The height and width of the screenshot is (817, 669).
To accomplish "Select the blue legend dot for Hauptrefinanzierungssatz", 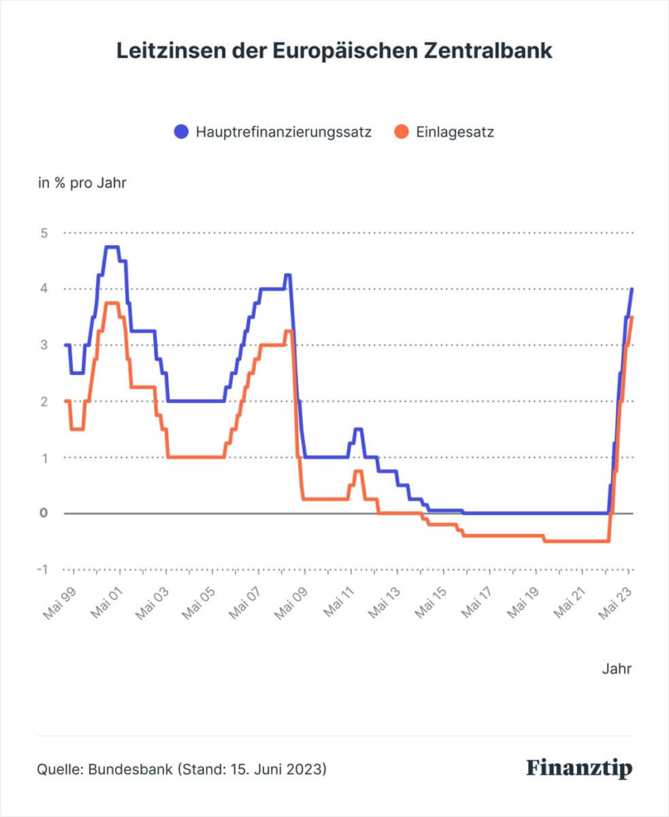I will [x=182, y=132].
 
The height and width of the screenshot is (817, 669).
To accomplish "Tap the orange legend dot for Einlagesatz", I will [x=402, y=132].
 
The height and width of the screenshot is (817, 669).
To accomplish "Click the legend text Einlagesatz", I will [x=454, y=132].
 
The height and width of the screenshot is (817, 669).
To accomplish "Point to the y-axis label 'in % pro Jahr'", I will [x=82, y=183].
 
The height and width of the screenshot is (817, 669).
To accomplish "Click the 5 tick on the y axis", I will [x=44, y=233].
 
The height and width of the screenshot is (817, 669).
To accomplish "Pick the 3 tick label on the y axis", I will [x=44, y=345].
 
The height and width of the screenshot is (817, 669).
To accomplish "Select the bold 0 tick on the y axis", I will [x=44, y=513].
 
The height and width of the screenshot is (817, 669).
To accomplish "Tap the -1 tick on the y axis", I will [x=42, y=570].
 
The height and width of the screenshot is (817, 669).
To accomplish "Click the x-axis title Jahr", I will [x=617, y=669].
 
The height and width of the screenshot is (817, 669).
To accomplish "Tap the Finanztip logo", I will [x=579, y=768].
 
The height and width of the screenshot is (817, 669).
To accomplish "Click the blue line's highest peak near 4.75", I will [x=112, y=247].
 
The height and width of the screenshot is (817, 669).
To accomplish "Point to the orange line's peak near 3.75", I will [x=112, y=303].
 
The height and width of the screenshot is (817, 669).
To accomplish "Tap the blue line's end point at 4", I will [x=632, y=289].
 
